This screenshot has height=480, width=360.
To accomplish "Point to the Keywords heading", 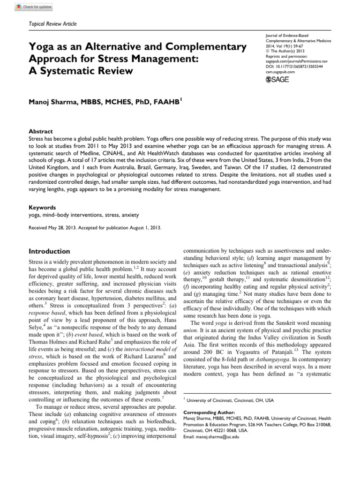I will coord(42,207).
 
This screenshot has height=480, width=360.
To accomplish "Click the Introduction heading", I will coord(50,251).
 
